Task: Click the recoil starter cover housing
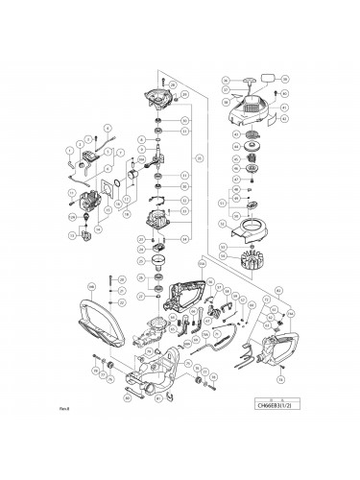[x=255, y=108]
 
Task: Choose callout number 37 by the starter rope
[x=225, y=89]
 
